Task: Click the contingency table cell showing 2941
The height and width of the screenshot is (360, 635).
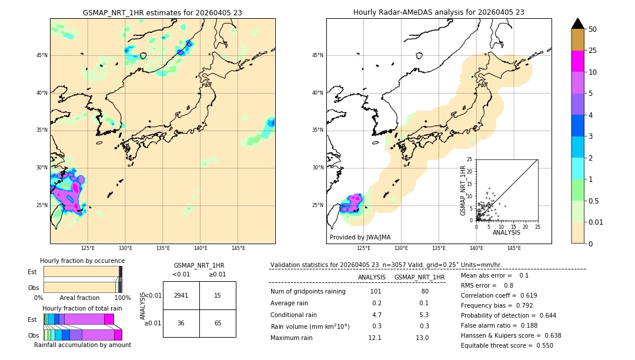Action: pyautogui.click(x=181, y=295)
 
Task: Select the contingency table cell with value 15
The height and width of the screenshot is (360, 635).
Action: pyautogui.click(x=218, y=295)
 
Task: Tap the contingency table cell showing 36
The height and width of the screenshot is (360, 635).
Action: pyautogui.click(x=181, y=323)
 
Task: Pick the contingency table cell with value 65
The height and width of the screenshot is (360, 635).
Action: pyautogui.click(x=218, y=323)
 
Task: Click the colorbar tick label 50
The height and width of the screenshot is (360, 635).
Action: pyautogui.click(x=593, y=29)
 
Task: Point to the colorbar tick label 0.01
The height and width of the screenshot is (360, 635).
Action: pyautogui.click(x=595, y=222)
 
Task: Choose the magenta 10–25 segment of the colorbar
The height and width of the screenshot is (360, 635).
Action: pyautogui.click(x=578, y=61)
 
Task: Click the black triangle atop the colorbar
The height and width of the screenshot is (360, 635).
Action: pyautogui.click(x=578, y=24)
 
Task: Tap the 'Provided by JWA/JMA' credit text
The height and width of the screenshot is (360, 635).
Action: pyautogui.click(x=360, y=238)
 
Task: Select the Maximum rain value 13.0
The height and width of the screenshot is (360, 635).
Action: pyautogui.click(x=422, y=338)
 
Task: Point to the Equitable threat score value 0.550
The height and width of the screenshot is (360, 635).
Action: pyautogui.click(x=542, y=345)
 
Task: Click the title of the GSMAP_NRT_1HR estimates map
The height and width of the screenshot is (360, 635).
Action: pyautogui.click(x=162, y=12)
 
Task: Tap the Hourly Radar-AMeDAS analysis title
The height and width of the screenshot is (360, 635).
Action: pyautogui.click(x=439, y=12)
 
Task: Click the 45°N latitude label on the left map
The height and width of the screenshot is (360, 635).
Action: pyautogui.click(x=42, y=55)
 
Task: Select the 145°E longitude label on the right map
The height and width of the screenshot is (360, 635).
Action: pyautogui.click(x=514, y=248)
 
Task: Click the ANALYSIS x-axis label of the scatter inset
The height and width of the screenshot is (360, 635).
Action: pyautogui.click(x=506, y=233)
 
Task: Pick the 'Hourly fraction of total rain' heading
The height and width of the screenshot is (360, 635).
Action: pyautogui.click(x=82, y=308)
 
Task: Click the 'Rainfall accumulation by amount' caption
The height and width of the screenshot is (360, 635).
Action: pyautogui.click(x=83, y=345)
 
